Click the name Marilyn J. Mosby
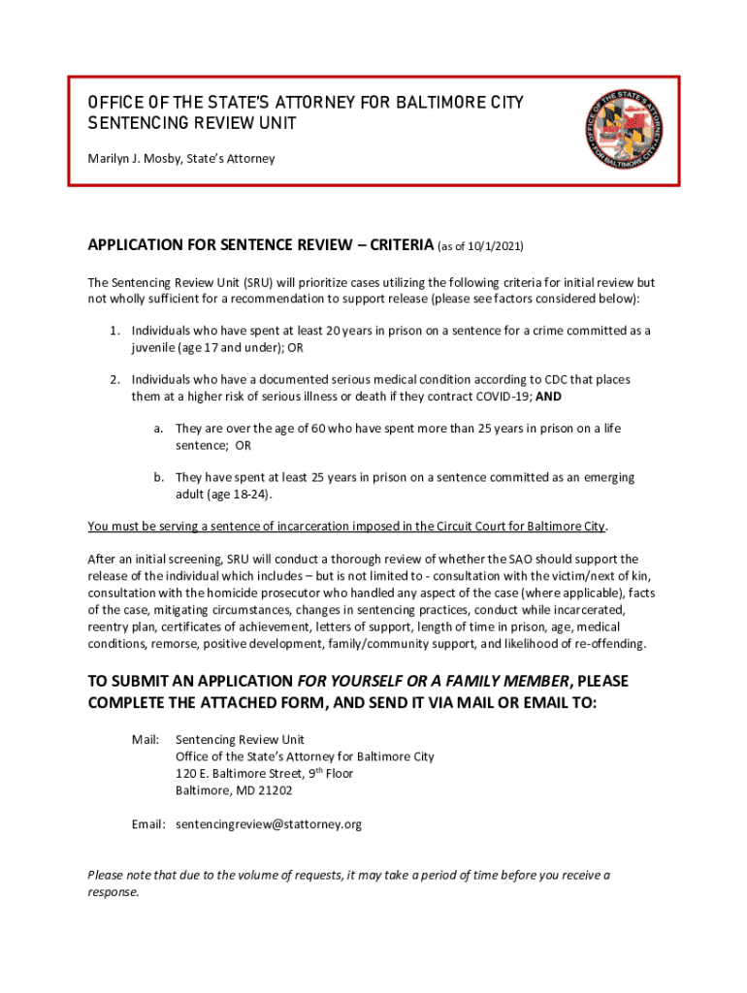pyautogui.click(x=131, y=157)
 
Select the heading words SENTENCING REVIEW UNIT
pyautogui.click(x=192, y=124)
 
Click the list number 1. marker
pyautogui.click(x=114, y=331)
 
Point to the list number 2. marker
pyautogui.click(x=114, y=379)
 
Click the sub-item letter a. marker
pyautogui.click(x=157, y=428)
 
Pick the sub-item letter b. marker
pyautogui.click(x=157, y=477)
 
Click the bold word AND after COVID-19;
pyautogui.click(x=549, y=397)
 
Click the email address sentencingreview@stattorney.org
pyautogui.click(x=269, y=824)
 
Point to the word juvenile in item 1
pyautogui.click(x=154, y=347)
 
